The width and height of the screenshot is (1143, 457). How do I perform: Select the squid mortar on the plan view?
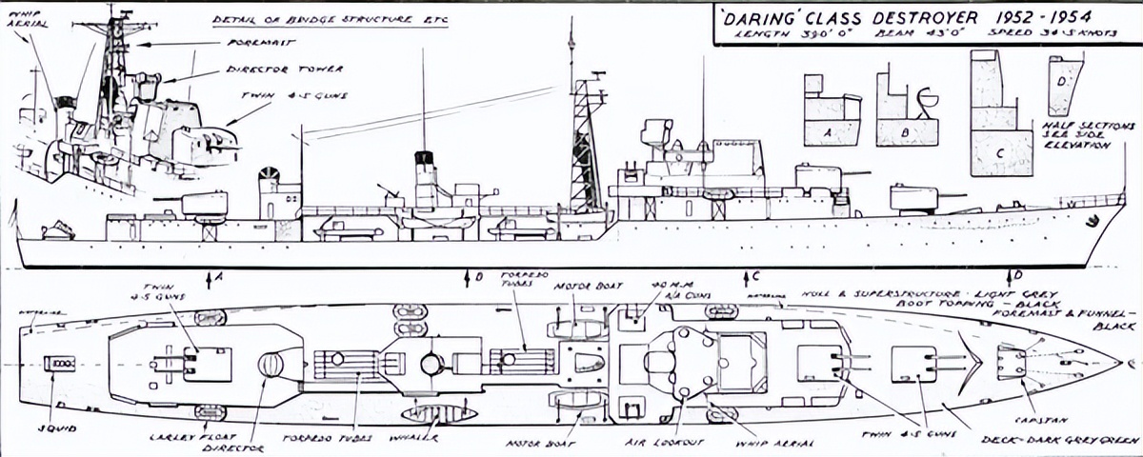pyautogui.click(x=59, y=363)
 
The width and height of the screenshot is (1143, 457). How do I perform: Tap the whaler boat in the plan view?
pyautogui.click(x=438, y=413)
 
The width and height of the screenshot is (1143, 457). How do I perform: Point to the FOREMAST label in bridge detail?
pyautogui.click(x=258, y=42)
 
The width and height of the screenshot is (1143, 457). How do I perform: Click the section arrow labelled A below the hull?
pyautogui.click(x=211, y=277)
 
